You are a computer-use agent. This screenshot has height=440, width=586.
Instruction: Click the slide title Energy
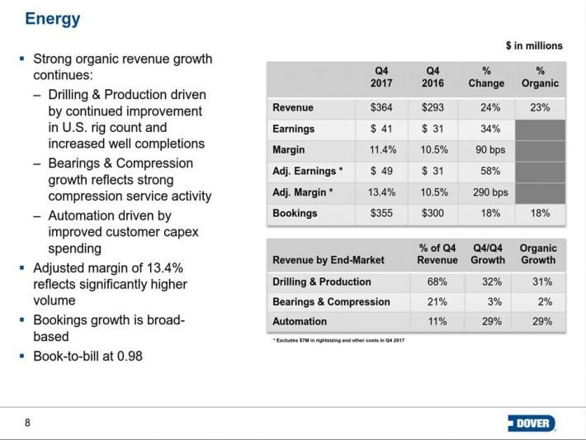pyautogui.click(x=53, y=19)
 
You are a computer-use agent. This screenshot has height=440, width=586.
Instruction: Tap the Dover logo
pyautogui.click(x=532, y=423)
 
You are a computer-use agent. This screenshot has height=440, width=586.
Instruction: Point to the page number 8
pyautogui.click(x=28, y=423)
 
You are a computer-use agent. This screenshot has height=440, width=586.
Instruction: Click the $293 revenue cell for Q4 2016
pyautogui.click(x=432, y=107)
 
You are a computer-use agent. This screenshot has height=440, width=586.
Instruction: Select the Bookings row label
pyautogui.click(x=295, y=214)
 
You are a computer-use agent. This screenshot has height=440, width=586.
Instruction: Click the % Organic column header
pyautogui.click(x=540, y=77)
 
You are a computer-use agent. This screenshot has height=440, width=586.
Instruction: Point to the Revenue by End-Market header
pyautogui.click(x=328, y=260)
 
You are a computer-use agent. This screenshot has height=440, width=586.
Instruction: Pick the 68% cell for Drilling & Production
pyautogui.click(x=437, y=282)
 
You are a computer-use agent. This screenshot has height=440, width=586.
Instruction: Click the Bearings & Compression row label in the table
pyautogui.click(x=331, y=301)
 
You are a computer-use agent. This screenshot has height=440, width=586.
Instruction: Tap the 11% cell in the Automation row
pyautogui.click(x=437, y=321)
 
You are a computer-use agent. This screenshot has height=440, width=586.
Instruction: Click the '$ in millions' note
pyautogui.click(x=534, y=46)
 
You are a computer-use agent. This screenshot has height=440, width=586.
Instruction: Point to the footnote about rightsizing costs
pyautogui.click(x=338, y=340)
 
